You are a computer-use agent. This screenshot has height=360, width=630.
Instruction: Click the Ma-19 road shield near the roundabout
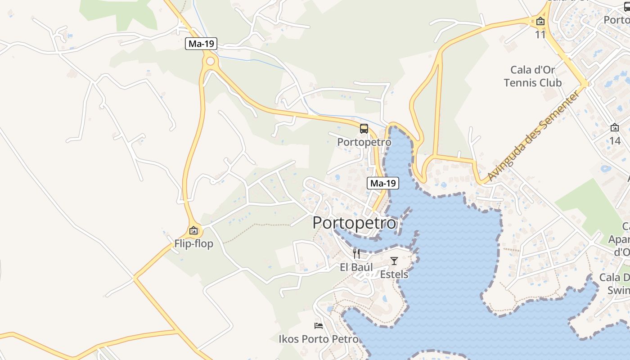tap(201, 44)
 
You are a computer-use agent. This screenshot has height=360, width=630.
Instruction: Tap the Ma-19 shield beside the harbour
tap(383, 183)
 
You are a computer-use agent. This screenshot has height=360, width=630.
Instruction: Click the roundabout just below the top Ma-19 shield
tap(210, 61)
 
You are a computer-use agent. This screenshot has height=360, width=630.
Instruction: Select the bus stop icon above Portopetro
tap(364, 129)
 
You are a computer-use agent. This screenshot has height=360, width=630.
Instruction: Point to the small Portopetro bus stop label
tap(364, 142)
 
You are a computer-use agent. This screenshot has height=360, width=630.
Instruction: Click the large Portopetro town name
tap(355, 223)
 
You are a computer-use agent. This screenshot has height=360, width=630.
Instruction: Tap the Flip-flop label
tap(193, 244)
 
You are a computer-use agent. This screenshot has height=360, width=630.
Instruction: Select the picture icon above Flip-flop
tap(193, 231)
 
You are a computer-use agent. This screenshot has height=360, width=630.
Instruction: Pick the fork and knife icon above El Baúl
tap(356, 253)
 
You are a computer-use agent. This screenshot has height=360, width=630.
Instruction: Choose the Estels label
tap(394, 274)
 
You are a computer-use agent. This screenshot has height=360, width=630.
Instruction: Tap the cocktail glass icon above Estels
tap(394, 261)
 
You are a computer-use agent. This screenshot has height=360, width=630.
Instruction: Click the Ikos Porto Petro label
tap(319, 339)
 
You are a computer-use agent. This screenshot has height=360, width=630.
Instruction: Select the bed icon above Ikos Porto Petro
tap(319, 325)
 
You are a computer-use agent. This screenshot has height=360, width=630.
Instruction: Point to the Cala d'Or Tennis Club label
tap(533, 76)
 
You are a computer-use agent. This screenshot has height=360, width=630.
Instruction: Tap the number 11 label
tap(540, 35)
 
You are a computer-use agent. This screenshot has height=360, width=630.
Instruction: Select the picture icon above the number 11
tap(540, 21)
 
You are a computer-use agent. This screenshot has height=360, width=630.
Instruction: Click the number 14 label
tap(615, 141)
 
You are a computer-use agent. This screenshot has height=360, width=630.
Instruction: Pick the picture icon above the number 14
tap(615, 127)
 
